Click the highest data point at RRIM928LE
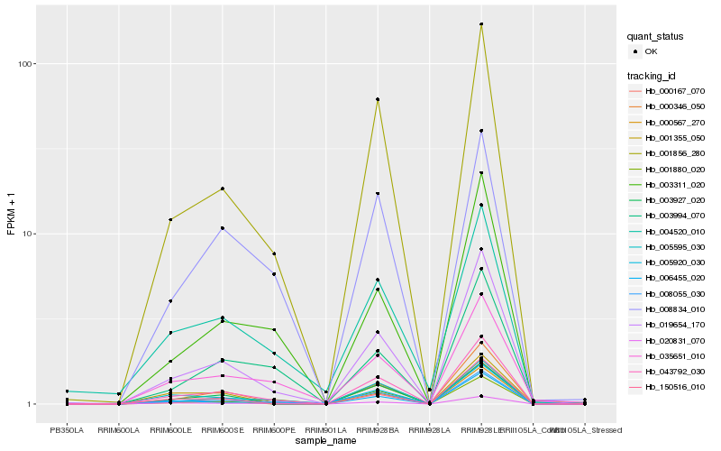click(481, 24)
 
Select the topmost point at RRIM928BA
click(378, 99)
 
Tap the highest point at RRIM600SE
click(222, 189)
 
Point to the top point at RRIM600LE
click(170, 219)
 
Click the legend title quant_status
click(655, 37)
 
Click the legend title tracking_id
click(653, 76)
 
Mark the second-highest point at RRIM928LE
click(481, 131)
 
